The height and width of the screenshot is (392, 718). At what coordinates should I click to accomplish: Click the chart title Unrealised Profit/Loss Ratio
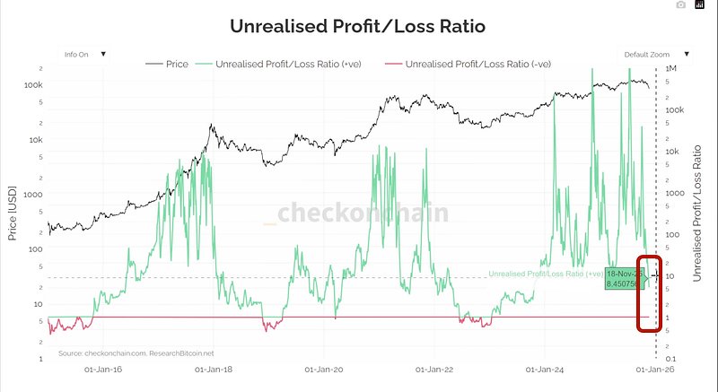tap(357, 26)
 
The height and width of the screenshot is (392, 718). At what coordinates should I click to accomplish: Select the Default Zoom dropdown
tap(657, 54)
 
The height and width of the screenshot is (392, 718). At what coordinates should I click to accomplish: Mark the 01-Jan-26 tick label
tap(655, 368)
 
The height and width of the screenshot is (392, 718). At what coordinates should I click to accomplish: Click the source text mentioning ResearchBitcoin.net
tap(136, 353)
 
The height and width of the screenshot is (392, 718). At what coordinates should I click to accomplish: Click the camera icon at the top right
tap(681, 5)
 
